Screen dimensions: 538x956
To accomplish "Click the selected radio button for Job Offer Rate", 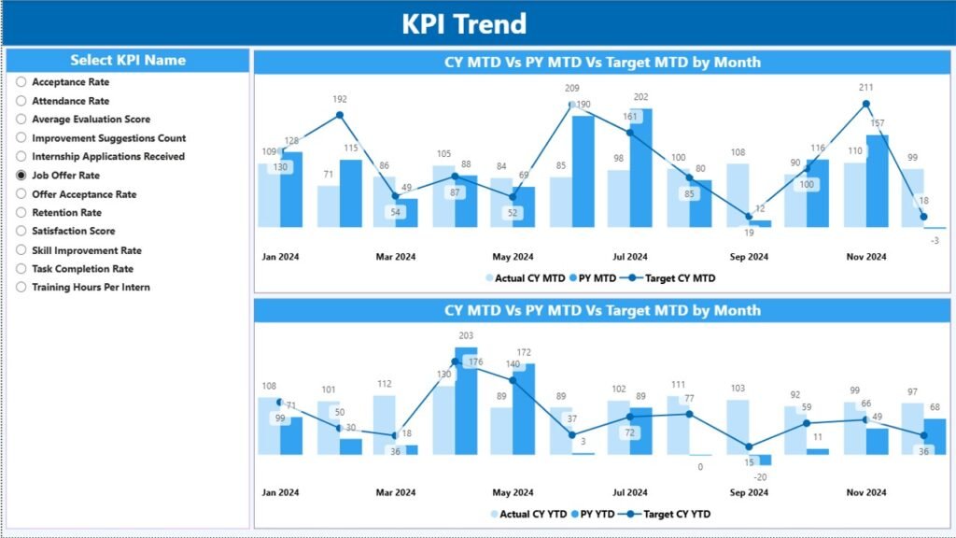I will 21,176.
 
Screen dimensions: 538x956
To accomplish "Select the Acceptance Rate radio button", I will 21,82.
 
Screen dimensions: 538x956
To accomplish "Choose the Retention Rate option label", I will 66,213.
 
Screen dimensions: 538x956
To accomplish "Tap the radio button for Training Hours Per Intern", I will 21,288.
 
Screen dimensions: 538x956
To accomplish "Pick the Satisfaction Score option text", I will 73,232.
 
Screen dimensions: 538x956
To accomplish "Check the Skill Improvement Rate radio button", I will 21,250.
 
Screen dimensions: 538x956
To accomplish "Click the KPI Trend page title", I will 464,23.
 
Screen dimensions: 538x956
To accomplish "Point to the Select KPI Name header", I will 128,61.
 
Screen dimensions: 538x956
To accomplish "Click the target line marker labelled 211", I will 865,104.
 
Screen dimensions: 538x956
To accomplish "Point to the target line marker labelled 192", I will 340,115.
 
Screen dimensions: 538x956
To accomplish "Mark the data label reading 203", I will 466,336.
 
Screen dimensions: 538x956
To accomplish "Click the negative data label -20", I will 760,476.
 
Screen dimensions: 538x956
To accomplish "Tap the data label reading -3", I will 935,241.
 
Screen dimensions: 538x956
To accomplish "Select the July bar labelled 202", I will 641,168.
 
